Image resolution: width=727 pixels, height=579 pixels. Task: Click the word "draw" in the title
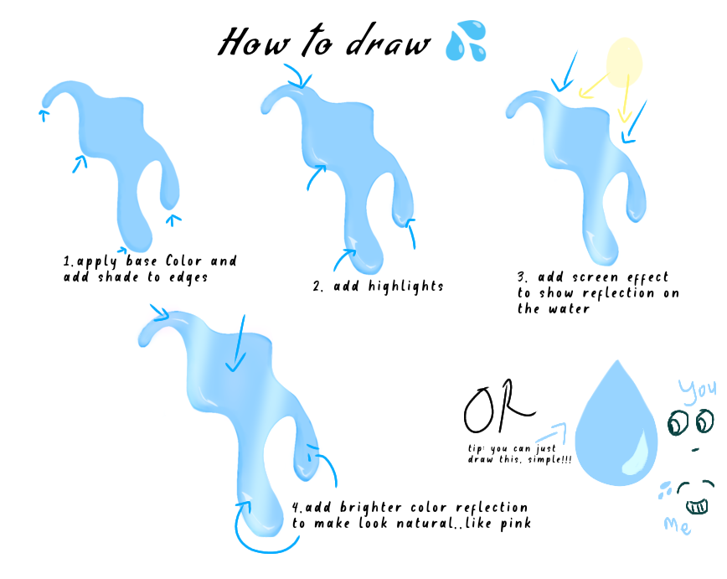click(389, 41)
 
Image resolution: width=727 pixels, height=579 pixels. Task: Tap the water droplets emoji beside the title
click(466, 40)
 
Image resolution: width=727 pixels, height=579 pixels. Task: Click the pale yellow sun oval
click(624, 63)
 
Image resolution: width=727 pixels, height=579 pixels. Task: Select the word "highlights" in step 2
click(405, 287)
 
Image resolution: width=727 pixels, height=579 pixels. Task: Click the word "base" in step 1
click(142, 261)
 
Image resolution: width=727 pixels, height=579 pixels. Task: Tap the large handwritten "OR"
click(498, 406)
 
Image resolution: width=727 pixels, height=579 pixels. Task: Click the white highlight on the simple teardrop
click(637, 453)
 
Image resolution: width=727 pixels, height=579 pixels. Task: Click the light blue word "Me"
click(677, 525)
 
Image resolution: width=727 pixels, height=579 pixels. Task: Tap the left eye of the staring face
click(678, 422)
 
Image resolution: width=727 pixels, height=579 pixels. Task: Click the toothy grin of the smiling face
click(697, 506)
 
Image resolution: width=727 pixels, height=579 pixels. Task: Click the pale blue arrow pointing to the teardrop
click(552, 432)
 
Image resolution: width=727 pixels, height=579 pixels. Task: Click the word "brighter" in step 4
click(371, 507)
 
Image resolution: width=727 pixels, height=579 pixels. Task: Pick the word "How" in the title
click(254, 42)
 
